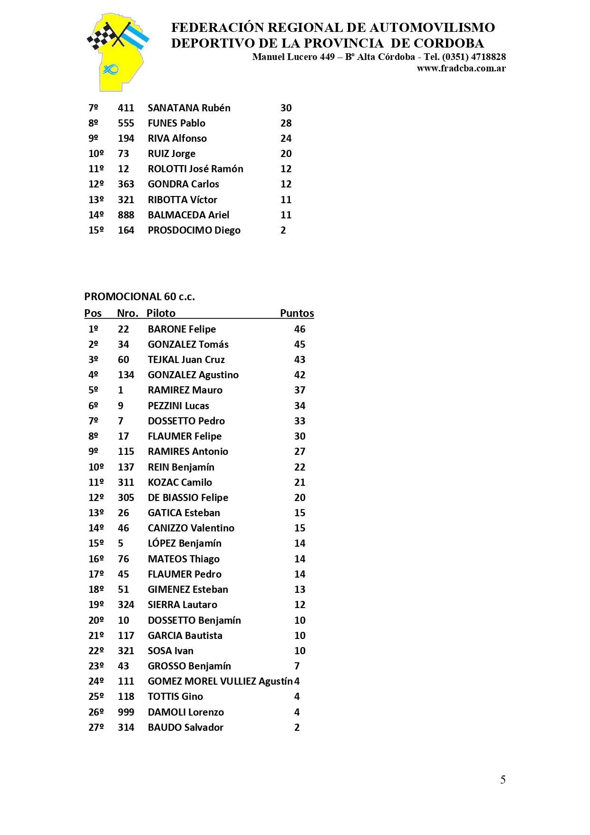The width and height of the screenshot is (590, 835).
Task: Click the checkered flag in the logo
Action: [x=101, y=36]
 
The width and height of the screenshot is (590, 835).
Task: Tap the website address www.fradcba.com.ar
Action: [x=461, y=69]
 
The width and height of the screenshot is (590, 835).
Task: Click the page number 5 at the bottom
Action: [x=503, y=779]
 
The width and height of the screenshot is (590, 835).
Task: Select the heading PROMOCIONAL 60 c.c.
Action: [x=139, y=297]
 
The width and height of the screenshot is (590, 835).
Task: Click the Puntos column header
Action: [x=297, y=313]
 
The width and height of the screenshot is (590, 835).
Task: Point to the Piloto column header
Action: [x=161, y=313]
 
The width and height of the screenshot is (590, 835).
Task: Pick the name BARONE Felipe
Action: [x=182, y=329]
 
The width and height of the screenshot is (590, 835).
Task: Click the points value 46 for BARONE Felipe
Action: [x=300, y=329]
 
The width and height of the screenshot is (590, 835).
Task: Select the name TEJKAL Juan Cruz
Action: [x=186, y=360]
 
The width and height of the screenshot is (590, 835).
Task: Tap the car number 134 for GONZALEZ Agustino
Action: [x=126, y=375]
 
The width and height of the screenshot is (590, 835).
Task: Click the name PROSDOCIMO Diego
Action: [x=194, y=230]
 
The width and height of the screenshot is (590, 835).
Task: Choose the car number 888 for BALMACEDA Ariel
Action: [x=126, y=215]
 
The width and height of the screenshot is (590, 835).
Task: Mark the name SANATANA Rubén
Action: [x=189, y=108]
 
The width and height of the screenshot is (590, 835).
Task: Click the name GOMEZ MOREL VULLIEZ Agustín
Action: [x=220, y=681]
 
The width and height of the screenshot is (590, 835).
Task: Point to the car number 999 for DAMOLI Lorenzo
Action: [x=126, y=712]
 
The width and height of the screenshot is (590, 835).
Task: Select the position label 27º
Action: [x=96, y=727]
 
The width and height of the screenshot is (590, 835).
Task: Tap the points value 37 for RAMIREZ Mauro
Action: [x=300, y=390]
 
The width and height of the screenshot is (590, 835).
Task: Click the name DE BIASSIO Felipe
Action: [x=188, y=498]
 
